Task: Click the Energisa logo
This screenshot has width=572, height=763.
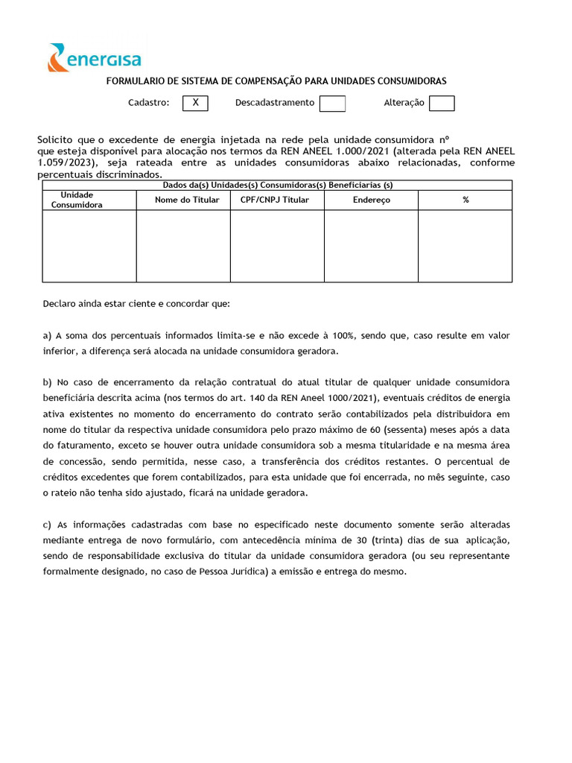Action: pyautogui.click(x=94, y=57)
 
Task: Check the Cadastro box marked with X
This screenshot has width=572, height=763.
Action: pyautogui.click(x=195, y=104)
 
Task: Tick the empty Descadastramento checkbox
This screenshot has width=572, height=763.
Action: pyautogui.click(x=332, y=104)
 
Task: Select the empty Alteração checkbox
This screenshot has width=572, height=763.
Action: pyautogui.click(x=442, y=104)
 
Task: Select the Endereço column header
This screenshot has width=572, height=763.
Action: pyautogui.click(x=371, y=200)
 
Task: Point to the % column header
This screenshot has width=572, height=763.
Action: pyautogui.click(x=465, y=200)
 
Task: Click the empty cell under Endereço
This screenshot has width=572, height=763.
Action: pyautogui.click(x=371, y=246)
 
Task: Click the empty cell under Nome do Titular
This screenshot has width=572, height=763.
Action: pyautogui.click(x=183, y=246)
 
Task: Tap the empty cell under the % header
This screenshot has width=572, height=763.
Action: pyautogui.click(x=465, y=246)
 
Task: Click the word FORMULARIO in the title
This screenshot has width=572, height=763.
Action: pyautogui.click(x=135, y=81)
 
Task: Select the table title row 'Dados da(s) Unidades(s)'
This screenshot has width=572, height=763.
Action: pyautogui.click(x=277, y=186)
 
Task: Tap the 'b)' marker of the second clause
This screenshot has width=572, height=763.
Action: pyautogui.click(x=48, y=382)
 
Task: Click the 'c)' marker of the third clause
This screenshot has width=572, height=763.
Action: pyautogui.click(x=48, y=525)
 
